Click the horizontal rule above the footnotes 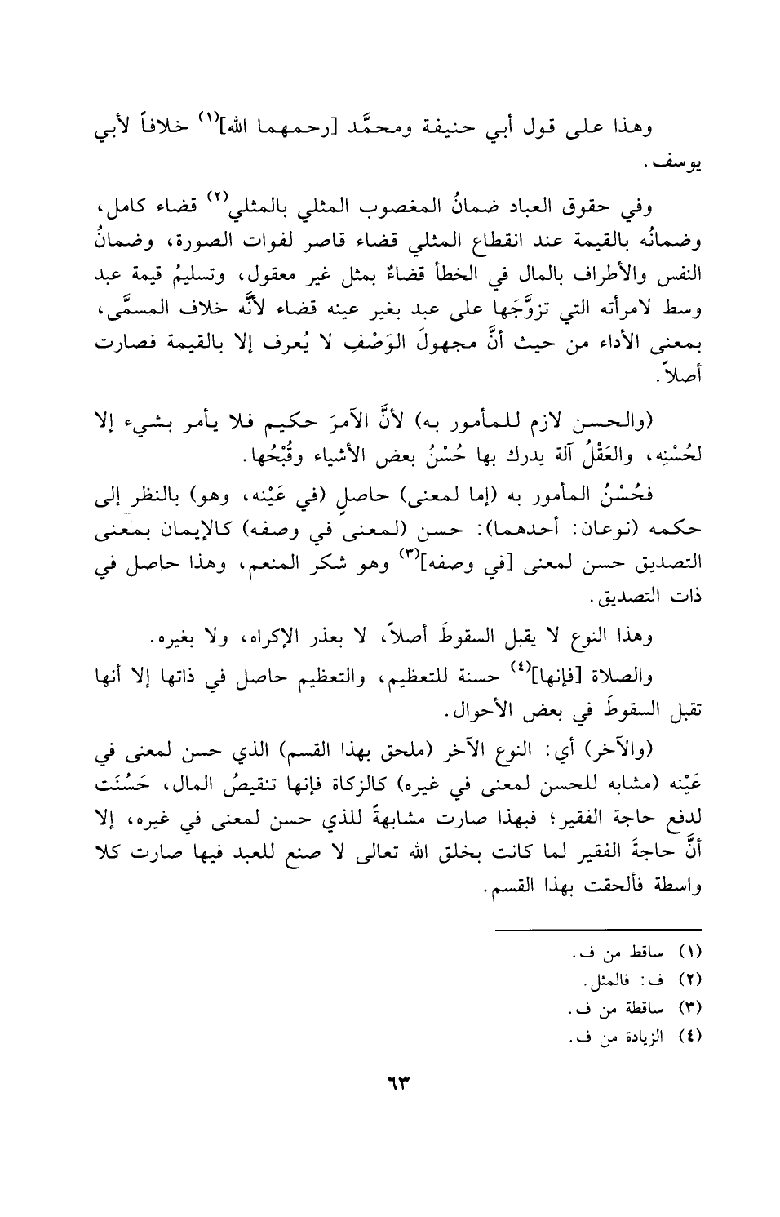pos(598,929)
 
